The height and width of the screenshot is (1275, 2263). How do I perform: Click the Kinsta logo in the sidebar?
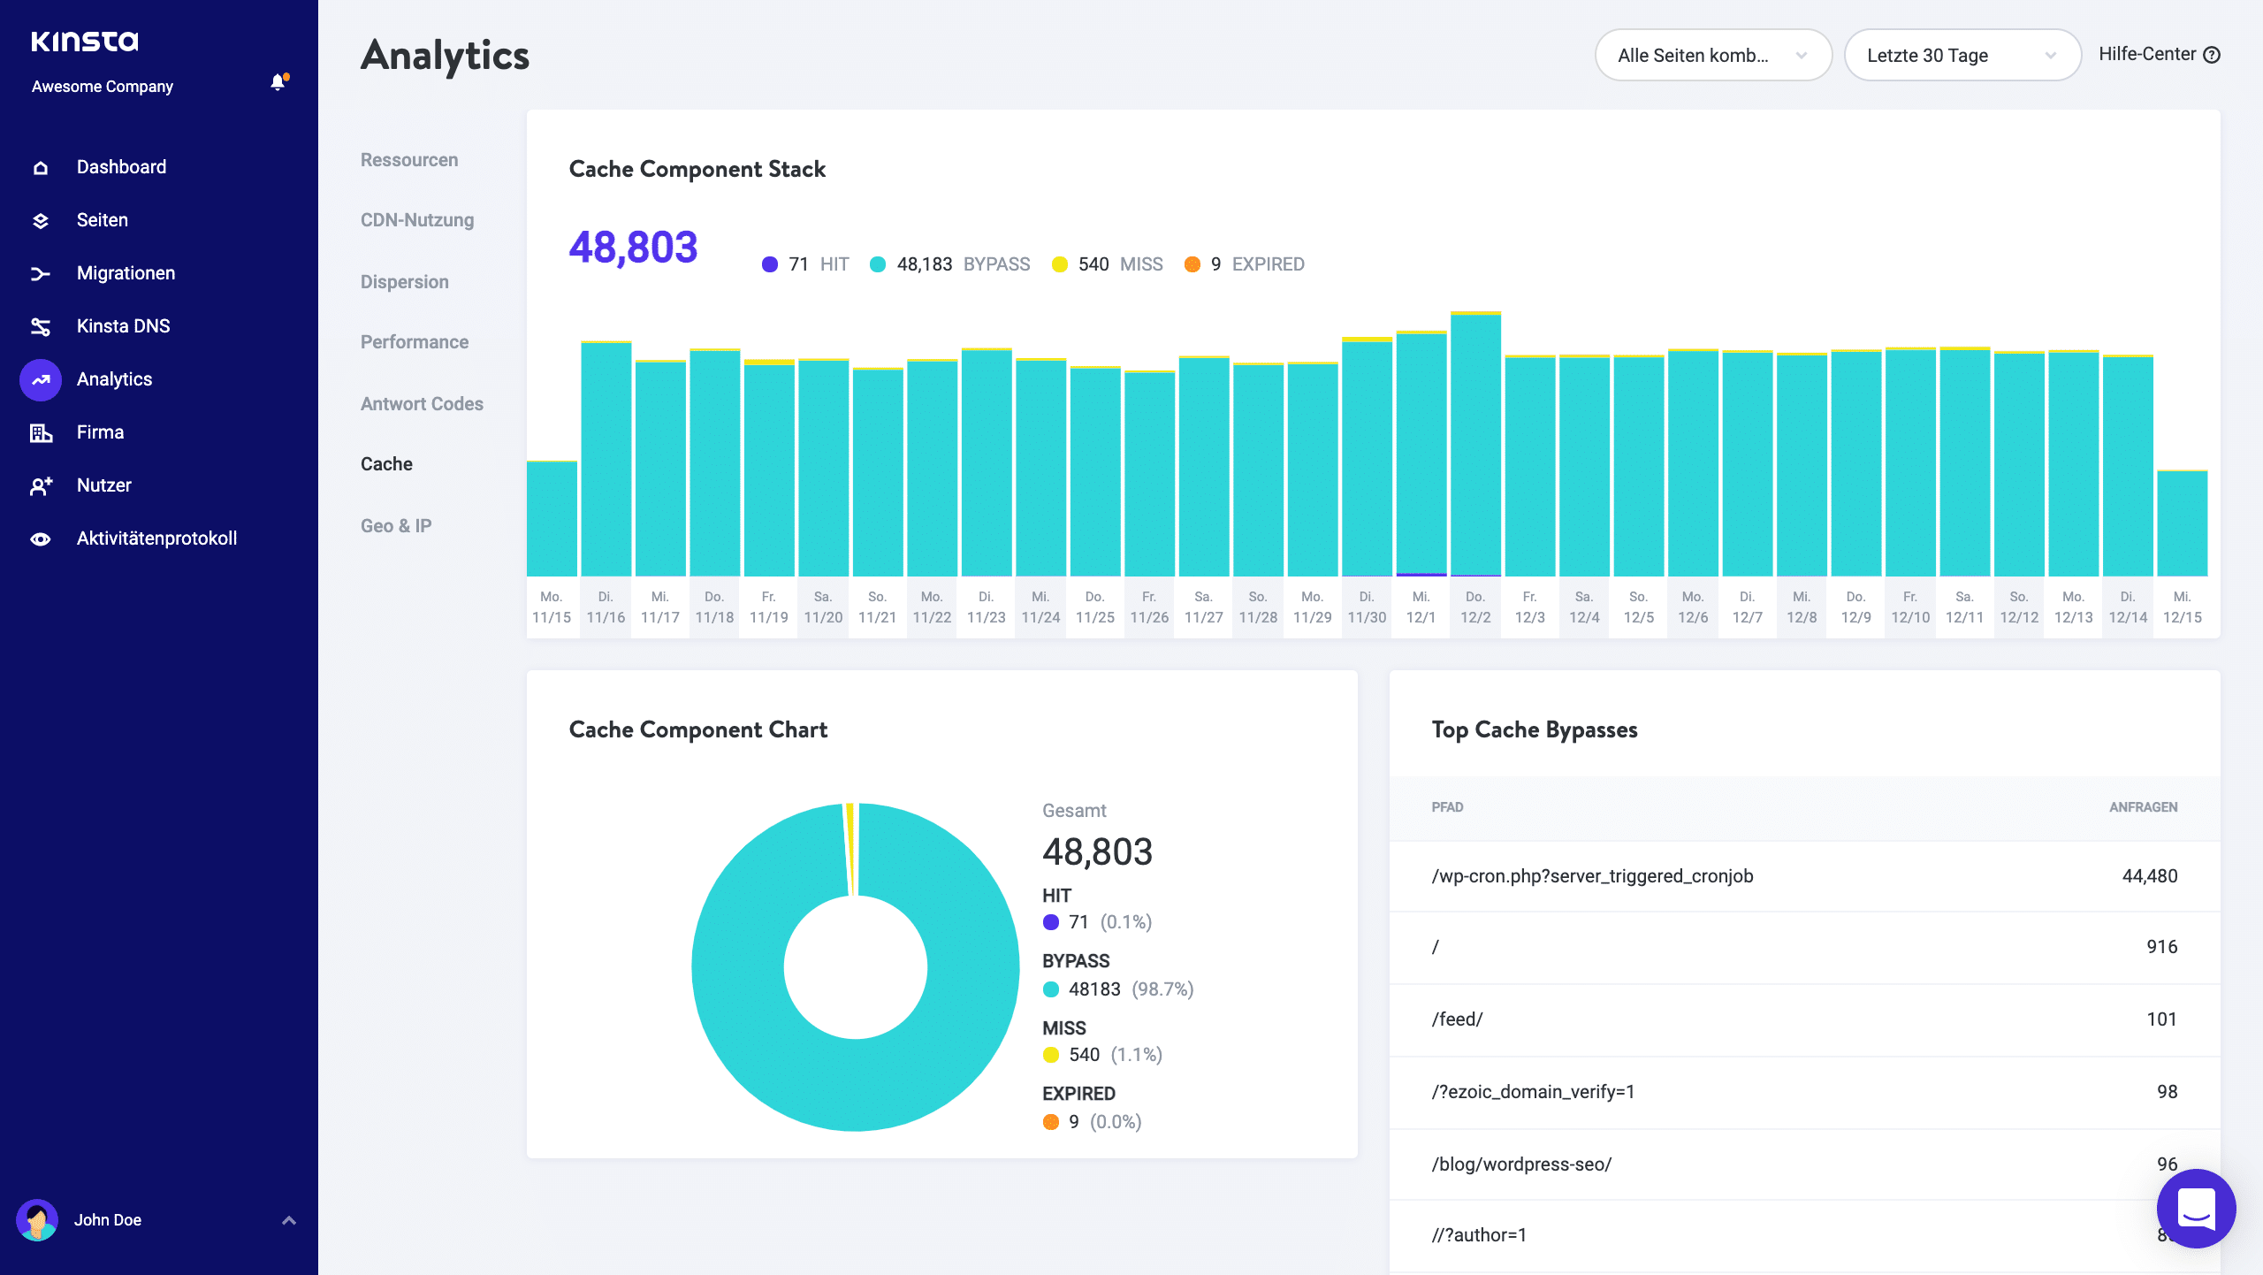click(x=85, y=41)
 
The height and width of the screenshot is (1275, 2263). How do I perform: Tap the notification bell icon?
click(x=278, y=83)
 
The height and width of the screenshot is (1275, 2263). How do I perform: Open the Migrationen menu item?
click(x=126, y=273)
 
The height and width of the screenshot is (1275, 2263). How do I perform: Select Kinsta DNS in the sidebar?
click(x=123, y=326)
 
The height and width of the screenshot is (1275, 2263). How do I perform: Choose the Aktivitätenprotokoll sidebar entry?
click(x=156, y=538)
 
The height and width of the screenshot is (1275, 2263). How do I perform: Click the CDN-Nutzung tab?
click(x=416, y=220)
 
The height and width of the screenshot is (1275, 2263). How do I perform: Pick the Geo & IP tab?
click(x=395, y=526)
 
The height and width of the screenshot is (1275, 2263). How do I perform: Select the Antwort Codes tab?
click(x=422, y=404)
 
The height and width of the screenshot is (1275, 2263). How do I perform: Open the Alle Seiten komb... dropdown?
click(x=1712, y=56)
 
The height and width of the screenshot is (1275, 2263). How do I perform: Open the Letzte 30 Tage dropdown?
click(x=1962, y=56)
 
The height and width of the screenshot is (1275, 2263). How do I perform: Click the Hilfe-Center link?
click(x=2158, y=55)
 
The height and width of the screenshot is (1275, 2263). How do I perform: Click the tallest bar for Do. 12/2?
click(x=1475, y=442)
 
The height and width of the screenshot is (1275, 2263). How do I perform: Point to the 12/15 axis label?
click(x=2182, y=617)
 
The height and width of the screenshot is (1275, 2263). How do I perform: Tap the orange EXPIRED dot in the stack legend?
click(x=1192, y=264)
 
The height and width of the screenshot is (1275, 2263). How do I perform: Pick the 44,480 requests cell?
click(x=2149, y=876)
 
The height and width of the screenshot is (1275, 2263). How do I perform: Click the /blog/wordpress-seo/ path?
click(x=1521, y=1164)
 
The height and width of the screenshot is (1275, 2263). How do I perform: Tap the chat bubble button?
click(x=2196, y=1209)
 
